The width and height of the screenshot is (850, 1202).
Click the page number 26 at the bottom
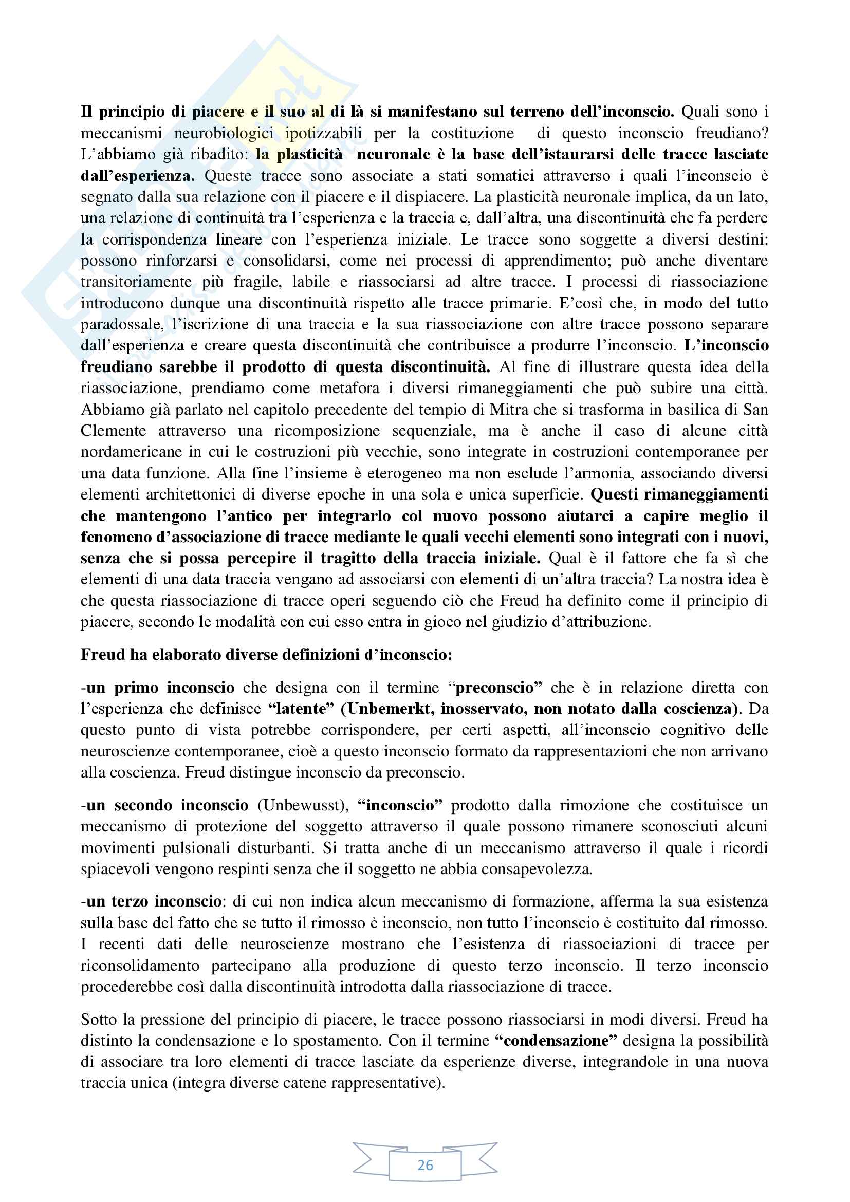point(425,1165)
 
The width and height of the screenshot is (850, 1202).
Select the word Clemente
point(113,431)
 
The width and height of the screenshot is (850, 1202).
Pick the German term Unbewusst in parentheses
point(301,805)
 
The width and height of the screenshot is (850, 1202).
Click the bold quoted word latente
point(301,709)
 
